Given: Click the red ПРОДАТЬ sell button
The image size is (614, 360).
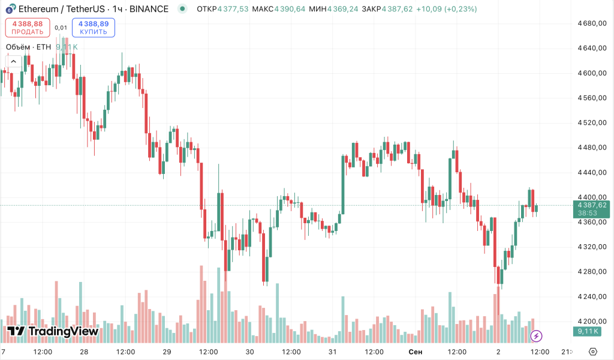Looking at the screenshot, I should (x=28, y=28).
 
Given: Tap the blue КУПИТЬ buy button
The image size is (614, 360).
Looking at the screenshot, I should (x=93, y=28).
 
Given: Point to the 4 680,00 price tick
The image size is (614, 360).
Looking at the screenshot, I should (x=592, y=23).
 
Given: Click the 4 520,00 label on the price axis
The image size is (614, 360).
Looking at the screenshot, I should (x=592, y=122).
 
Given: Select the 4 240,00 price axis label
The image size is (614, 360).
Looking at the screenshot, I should (x=592, y=296).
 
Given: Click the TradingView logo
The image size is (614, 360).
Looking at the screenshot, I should (x=53, y=331).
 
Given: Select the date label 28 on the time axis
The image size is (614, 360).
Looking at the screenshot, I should (x=84, y=351).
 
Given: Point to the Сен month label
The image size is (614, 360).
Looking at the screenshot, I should (x=416, y=351).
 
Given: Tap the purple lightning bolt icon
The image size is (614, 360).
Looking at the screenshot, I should (x=537, y=336).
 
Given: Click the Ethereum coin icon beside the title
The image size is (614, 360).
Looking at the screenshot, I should (x=11, y=10).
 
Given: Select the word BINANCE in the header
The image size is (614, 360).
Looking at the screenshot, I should (x=149, y=10).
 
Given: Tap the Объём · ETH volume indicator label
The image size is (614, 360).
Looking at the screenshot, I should (x=28, y=47).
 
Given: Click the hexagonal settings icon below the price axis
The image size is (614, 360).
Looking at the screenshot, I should (x=593, y=351).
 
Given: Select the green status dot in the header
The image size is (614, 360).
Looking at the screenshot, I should (x=182, y=10).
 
